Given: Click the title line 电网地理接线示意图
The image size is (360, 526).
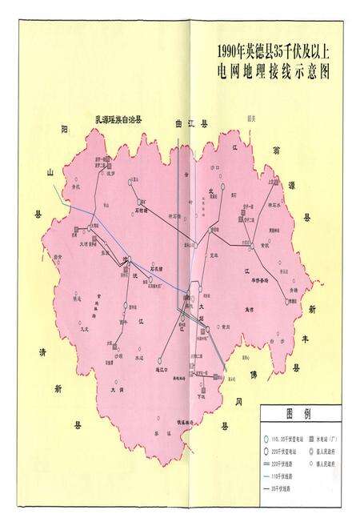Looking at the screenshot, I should click(273, 71).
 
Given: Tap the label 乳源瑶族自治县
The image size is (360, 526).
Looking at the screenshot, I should click(118, 119).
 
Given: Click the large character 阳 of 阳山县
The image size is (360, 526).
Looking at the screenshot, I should click(65, 128).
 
